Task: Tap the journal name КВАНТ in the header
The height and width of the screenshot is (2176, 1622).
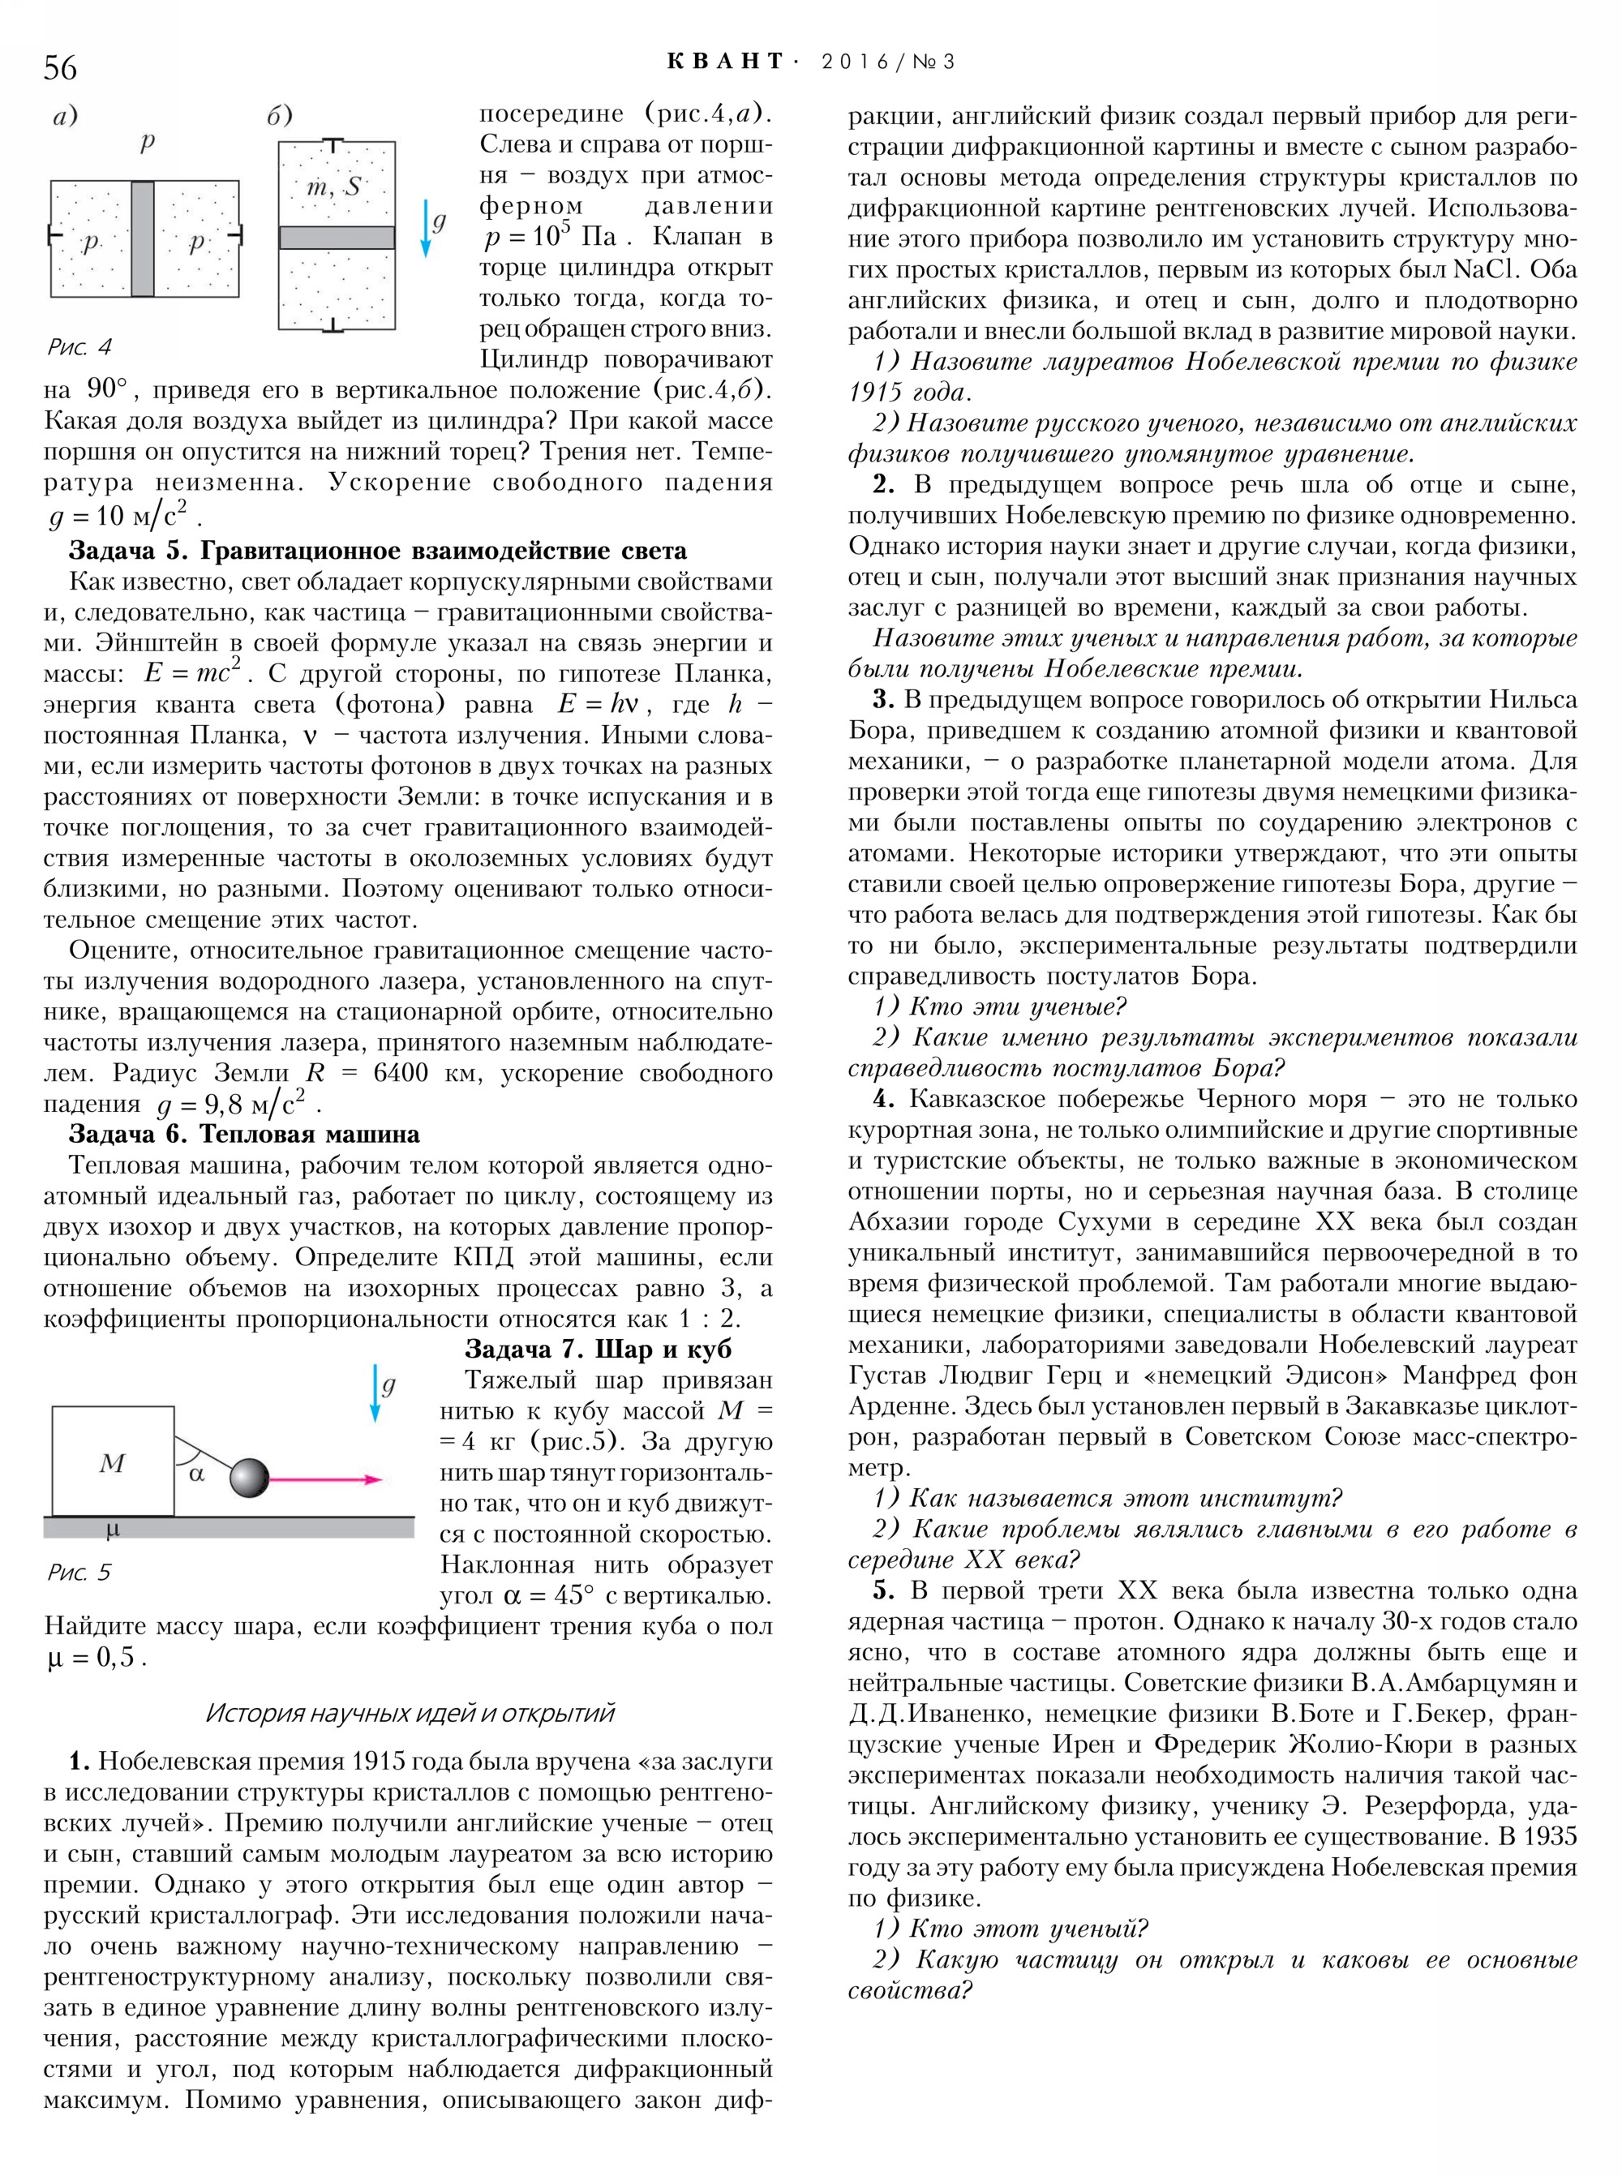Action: [726, 62]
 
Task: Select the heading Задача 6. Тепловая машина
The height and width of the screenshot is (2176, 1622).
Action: [244, 1134]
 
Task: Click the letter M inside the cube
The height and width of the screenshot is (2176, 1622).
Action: [112, 1463]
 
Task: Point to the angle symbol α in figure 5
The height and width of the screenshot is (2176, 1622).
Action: [196, 1473]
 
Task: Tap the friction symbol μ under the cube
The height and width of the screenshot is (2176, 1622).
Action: [112, 1529]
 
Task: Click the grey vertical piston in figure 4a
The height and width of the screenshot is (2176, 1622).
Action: [143, 238]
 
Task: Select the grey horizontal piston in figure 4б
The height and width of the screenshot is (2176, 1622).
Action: [337, 238]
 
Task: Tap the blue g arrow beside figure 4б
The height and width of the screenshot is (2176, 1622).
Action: [426, 228]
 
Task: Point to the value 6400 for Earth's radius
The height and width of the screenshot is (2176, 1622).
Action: [401, 1072]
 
